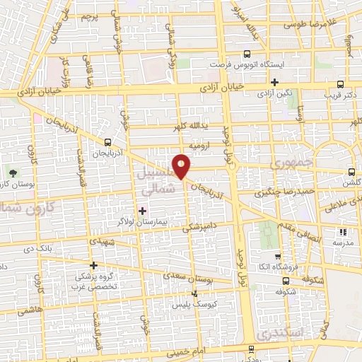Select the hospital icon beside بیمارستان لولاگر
click(142, 211)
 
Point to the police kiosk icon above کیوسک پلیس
click(196, 293)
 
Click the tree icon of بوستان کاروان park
click(12, 173)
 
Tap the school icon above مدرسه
click(344, 231)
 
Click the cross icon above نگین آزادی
click(274, 82)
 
